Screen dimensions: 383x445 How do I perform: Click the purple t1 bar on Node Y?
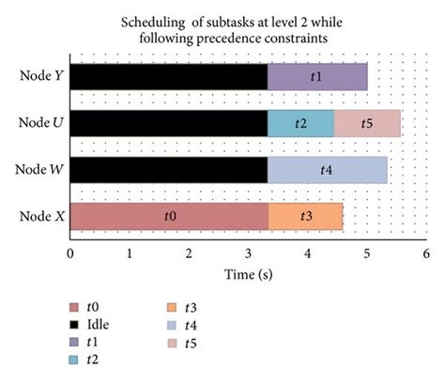pos(317,77)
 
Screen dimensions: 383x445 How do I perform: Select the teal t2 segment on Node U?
pos(300,123)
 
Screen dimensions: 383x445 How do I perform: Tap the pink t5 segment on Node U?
pos(367,123)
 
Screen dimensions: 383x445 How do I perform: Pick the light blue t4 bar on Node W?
pos(327,170)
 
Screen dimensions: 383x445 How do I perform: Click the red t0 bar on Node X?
pos(169,217)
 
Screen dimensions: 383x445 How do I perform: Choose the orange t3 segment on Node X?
pos(305,217)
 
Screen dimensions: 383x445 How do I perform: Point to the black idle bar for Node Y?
pos(169,77)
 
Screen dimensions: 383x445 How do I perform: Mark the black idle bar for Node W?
pos(169,170)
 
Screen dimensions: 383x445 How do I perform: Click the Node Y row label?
pos(40,77)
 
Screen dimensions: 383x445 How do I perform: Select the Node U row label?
pos(40,123)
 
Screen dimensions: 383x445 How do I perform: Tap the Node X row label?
pos(40,217)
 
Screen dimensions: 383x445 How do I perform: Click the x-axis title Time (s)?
pos(247,273)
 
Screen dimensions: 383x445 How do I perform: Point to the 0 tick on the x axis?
pos(70,253)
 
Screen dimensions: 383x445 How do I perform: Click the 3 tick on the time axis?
pos(248,253)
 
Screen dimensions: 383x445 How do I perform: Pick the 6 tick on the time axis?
pos(425,253)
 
